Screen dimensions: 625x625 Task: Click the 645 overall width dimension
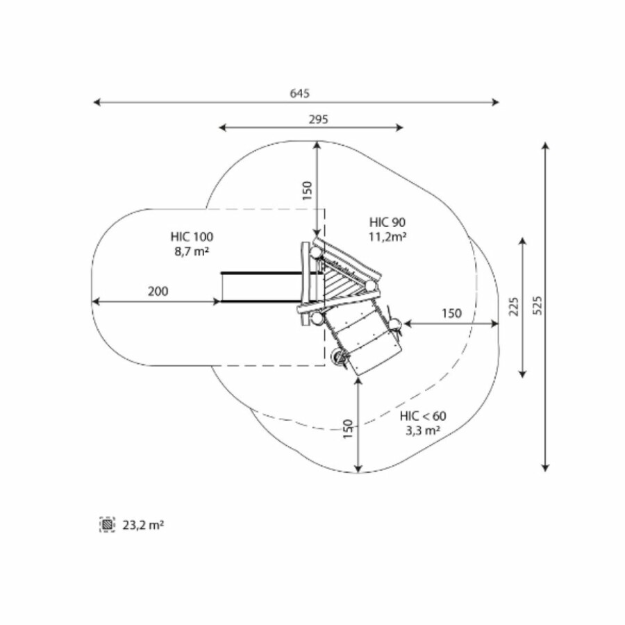click(x=299, y=93)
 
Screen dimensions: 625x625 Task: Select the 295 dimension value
click(x=319, y=119)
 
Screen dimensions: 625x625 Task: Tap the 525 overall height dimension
click(x=537, y=306)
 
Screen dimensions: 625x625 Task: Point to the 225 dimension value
click(x=514, y=306)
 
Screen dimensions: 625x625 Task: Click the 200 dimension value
click(x=158, y=292)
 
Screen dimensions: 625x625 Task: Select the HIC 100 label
click(x=192, y=237)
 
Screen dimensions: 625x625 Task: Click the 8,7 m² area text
click(x=192, y=251)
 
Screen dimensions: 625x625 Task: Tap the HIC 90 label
click(x=387, y=222)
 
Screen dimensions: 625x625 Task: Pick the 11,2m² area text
click(x=387, y=237)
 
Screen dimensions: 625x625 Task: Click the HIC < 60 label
click(x=423, y=416)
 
